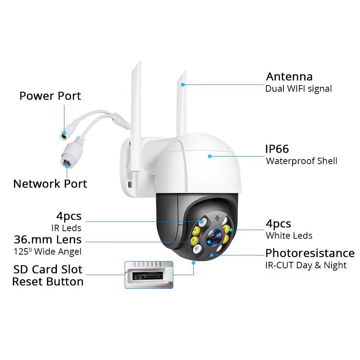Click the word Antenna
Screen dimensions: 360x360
click(x=289, y=77)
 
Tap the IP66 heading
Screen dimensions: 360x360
click(x=277, y=149)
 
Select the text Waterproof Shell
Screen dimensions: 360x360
click(x=302, y=161)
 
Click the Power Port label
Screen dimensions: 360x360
click(x=50, y=96)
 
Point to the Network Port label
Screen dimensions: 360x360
click(x=50, y=184)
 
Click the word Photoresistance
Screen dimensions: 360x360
click(x=310, y=253)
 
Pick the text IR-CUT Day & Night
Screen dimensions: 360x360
click(x=306, y=265)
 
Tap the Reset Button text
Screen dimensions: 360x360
click(x=48, y=282)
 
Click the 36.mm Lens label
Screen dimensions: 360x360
click(x=48, y=239)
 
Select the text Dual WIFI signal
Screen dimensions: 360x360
click(x=299, y=89)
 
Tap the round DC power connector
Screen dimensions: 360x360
click(x=63, y=135)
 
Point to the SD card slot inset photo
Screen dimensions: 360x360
click(x=149, y=275)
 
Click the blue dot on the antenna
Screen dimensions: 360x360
click(x=183, y=85)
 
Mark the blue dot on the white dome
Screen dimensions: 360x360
click(x=210, y=157)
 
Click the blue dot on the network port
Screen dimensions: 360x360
click(x=67, y=166)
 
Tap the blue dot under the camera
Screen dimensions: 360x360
click(x=193, y=263)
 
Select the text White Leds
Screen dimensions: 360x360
click(x=289, y=236)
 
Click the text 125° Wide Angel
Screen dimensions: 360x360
click(x=47, y=252)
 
